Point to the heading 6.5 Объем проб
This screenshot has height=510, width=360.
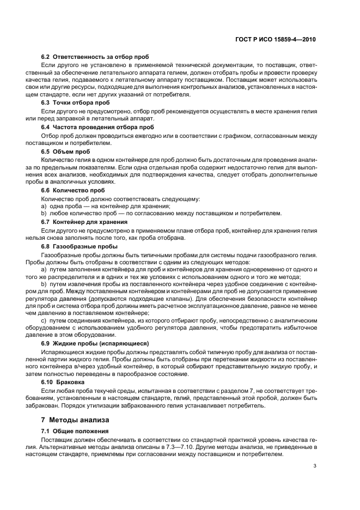[x=66, y=151]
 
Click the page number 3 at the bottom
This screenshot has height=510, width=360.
[x=315, y=465]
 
